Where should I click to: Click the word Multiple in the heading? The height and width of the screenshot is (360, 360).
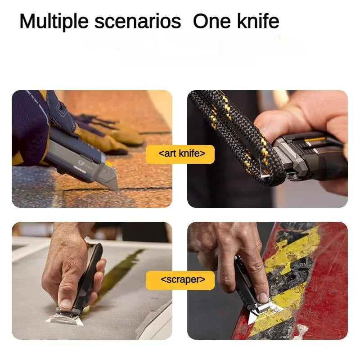tap(54, 21)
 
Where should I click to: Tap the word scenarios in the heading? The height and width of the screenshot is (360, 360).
tap(138, 22)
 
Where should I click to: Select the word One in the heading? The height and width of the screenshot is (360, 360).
tap(211, 21)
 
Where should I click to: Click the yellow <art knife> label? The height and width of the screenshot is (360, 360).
tap(180, 154)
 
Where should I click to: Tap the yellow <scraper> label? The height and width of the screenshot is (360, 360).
tap(180, 280)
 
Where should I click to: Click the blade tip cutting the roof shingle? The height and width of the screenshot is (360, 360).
tap(117, 189)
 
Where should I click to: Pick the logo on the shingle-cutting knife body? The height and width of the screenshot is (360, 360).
tap(81, 163)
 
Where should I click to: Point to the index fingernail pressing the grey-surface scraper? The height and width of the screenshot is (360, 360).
tap(66, 303)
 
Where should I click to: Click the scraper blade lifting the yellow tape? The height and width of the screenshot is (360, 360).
tap(264, 312)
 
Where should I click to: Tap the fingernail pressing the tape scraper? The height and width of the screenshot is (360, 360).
tap(263, 297)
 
